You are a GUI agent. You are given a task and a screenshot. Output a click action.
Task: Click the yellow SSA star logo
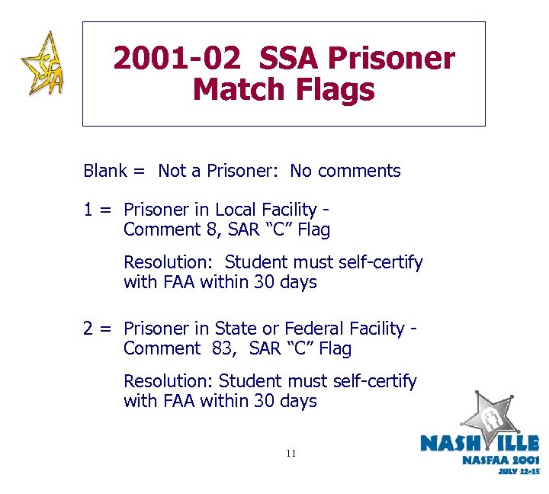(41, 64)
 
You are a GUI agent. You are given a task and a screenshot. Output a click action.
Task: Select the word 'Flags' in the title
(334, 90)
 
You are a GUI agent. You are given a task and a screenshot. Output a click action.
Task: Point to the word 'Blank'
(105, 171)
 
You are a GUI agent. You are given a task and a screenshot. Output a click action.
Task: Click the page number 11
(291, 454)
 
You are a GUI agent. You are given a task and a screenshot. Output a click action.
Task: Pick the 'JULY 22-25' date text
(518, 472)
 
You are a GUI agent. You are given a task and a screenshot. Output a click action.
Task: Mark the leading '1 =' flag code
(97, 210)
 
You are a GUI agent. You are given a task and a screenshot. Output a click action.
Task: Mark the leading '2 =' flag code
(97, 329)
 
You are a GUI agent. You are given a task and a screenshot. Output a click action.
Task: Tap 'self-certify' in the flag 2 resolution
(373, 381)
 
